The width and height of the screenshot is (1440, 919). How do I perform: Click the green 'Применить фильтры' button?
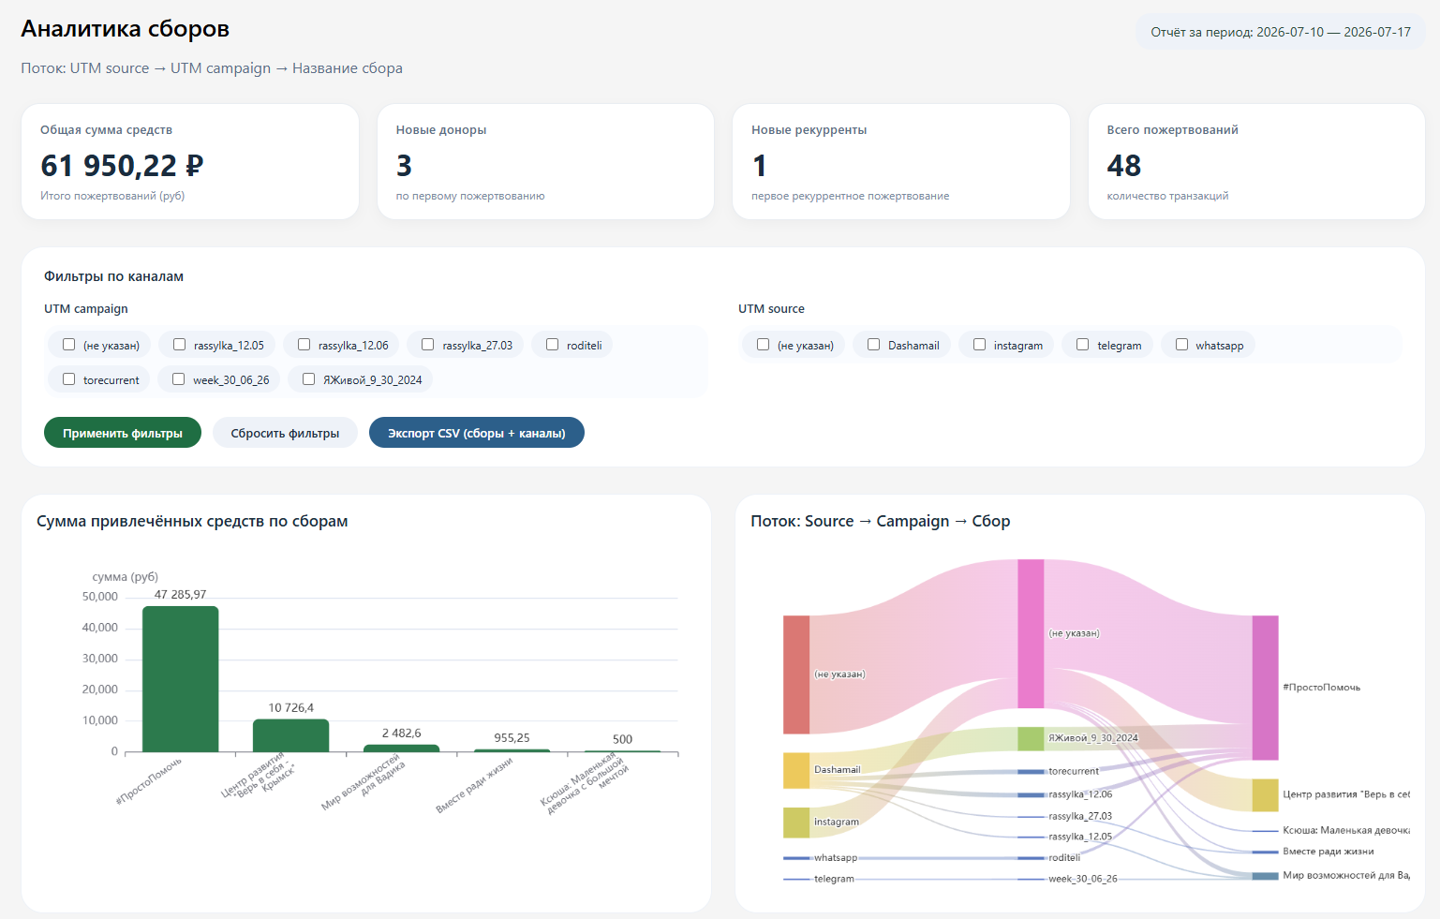[122, 433]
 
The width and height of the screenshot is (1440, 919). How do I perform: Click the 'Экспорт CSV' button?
[476, 433]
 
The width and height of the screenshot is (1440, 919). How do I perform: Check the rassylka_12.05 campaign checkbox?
[179, 345]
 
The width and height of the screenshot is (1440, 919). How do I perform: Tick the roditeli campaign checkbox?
[552, 345]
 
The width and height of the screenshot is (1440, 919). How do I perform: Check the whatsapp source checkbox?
[1181, 345]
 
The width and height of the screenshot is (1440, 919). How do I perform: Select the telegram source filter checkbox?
[1082, 345]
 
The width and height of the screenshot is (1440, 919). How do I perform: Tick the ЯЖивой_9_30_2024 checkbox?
[308, 379]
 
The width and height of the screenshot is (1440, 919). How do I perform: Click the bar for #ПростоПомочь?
[180, 678]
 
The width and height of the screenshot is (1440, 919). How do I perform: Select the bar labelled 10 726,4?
[290, 735]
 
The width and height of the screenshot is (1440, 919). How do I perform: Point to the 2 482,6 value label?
[401, 734]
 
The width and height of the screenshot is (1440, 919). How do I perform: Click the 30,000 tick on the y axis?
[99, 658]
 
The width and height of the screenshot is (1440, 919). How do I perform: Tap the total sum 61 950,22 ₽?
[122, 165]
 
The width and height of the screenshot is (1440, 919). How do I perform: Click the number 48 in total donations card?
[1123, 165]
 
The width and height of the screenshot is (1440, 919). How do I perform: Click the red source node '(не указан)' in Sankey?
[795, 674]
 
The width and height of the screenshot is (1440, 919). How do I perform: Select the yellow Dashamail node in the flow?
[795, 771]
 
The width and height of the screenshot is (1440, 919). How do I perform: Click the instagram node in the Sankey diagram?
[795, 823]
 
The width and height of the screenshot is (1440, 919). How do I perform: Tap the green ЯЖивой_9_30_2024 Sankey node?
[1031, 738]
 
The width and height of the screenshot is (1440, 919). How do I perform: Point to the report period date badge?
[1281, 32]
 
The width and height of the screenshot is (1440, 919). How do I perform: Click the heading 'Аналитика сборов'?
[125, 29]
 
